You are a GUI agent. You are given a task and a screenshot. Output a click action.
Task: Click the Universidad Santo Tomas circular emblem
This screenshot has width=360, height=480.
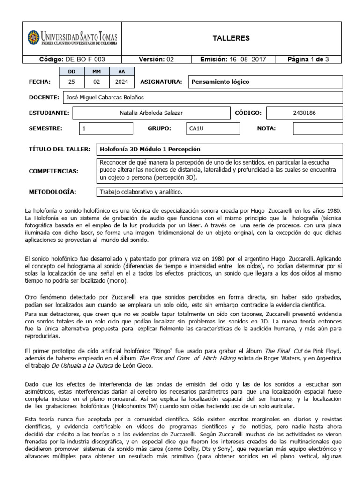(33, 37)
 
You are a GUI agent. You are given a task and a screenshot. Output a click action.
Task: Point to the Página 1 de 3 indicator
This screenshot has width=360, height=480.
(308, 59)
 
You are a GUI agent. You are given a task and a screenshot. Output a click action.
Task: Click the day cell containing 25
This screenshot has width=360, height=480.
(71, 82)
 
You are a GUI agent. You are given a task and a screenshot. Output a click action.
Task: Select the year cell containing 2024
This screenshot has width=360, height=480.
(121, 82)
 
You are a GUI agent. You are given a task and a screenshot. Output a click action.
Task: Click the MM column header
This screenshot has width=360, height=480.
(96, 72)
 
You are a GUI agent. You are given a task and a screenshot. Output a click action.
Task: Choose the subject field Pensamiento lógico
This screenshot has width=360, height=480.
(220, 82)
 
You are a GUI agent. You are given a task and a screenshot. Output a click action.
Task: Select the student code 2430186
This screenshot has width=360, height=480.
(304, 113)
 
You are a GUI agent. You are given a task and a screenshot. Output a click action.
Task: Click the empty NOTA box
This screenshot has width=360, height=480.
(318, 128)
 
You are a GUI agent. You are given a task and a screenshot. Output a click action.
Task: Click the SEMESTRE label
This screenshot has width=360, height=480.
(45, 128)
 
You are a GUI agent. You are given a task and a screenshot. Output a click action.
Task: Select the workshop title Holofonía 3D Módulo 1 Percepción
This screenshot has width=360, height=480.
(150, 149)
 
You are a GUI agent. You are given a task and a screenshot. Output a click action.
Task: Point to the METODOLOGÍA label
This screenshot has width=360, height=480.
(53, 192)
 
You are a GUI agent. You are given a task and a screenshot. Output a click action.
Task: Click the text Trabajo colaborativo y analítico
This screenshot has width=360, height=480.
(140, 192)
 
